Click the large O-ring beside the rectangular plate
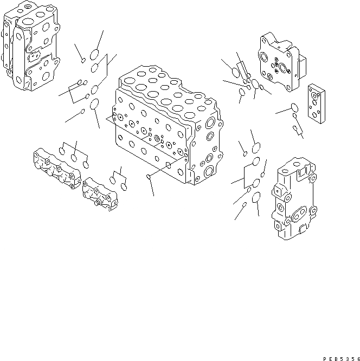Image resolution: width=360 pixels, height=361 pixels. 293,107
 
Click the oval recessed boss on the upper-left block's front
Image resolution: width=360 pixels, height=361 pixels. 34,56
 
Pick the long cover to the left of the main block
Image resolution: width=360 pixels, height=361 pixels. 56,169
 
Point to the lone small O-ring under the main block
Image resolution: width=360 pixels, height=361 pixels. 149,177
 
